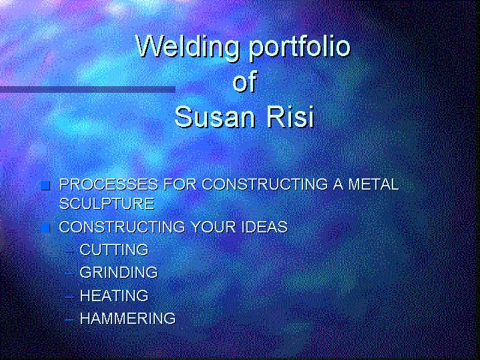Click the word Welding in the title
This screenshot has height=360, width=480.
click(x=188, y=46)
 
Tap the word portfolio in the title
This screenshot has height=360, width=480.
click(x=300, y=47)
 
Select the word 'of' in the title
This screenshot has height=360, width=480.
click(x=244, y=81)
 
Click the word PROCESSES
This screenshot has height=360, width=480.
click(x=109, y=184)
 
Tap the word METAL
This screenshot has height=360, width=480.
click(x=373, y=184)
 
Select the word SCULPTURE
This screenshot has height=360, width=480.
click(x=107, y=204)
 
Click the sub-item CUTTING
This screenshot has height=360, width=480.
click(x=114, y=250)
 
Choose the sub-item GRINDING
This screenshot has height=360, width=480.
click(x=119, y=273)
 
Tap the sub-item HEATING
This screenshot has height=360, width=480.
click(x=114, y=296)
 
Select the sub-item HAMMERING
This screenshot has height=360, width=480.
click(x=128, y=319)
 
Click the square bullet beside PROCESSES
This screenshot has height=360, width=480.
click(x=45, y=186)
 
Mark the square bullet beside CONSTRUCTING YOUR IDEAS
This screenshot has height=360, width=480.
click(x=45, y=228)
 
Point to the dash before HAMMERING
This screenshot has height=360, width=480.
click(x=69, y=319)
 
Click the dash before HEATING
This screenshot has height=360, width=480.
click(x=69, y=297)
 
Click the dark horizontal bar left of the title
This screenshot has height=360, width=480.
click(x=87, y=89)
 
